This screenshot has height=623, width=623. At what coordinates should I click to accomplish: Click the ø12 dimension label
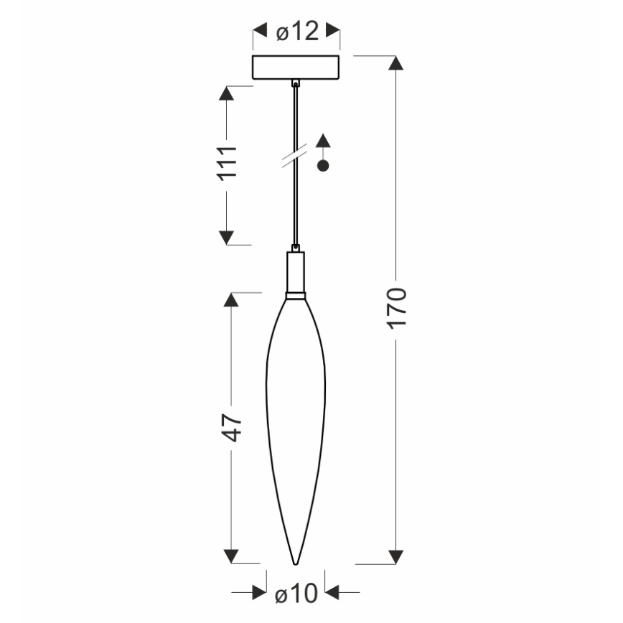[x=296, y=32]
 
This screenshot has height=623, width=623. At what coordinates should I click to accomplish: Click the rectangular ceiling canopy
[x=296, y=67]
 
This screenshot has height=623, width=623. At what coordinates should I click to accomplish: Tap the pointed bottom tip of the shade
[x=296, y=562]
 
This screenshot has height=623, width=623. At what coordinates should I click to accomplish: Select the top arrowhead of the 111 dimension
[x=226, y=94]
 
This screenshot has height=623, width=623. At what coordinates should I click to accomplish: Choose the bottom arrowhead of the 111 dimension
[x=226, y=237]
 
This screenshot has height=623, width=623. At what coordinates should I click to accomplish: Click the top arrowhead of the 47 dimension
[x=231, y=300]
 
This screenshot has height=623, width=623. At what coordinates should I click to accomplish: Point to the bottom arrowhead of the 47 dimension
[x=231, y=556]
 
